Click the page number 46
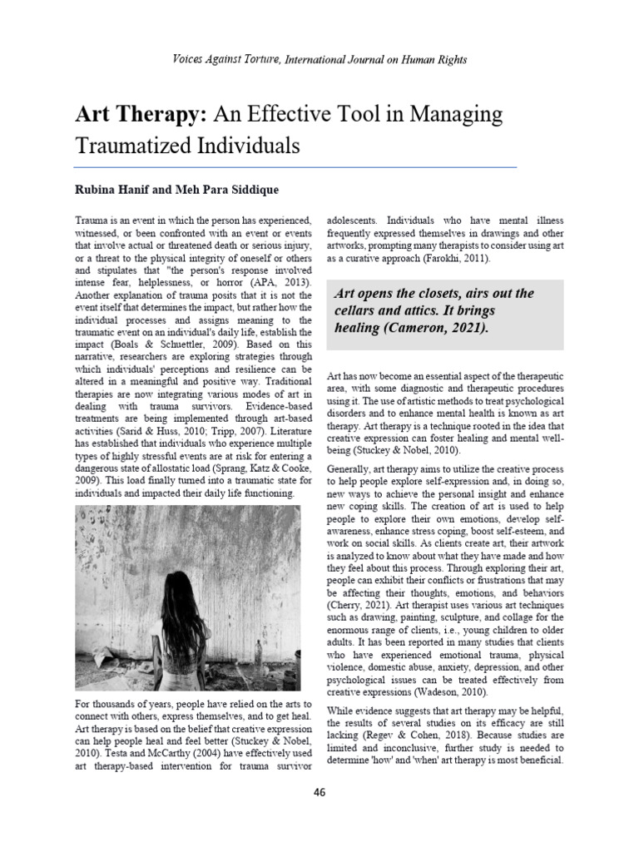319,791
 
